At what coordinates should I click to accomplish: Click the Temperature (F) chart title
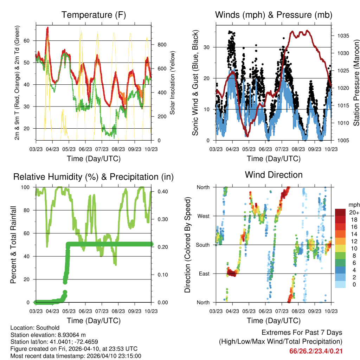94,15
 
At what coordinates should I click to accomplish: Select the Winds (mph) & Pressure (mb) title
274,15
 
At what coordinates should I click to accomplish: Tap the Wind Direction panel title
274,175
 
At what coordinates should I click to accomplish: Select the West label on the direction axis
203,216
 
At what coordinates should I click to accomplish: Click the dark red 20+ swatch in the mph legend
340,212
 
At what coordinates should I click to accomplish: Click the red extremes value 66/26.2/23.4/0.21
316,351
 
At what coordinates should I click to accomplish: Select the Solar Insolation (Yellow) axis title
173,83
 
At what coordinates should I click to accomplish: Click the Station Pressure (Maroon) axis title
356,83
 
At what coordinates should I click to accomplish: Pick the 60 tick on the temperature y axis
30,41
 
